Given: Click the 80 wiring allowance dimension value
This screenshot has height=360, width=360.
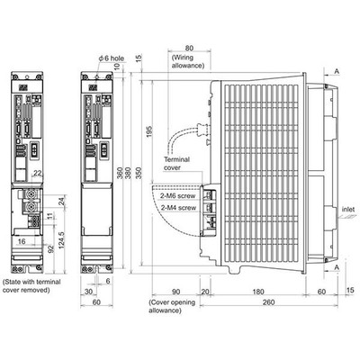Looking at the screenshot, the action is (189, 48).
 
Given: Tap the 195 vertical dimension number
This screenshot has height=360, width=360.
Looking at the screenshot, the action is (149, 131).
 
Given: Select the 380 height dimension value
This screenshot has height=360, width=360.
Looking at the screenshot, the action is (128, 173).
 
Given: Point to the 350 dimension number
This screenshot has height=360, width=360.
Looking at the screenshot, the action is (139, 173).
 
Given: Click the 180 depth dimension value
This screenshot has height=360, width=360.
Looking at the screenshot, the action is (257, 292).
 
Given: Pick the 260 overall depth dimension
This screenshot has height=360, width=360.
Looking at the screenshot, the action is (268, 301).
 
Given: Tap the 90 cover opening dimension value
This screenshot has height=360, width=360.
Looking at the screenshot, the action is (175, 292).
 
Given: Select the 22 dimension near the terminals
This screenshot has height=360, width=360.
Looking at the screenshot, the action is (38, 173).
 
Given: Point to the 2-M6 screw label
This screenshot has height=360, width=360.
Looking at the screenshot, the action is (178, 196).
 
